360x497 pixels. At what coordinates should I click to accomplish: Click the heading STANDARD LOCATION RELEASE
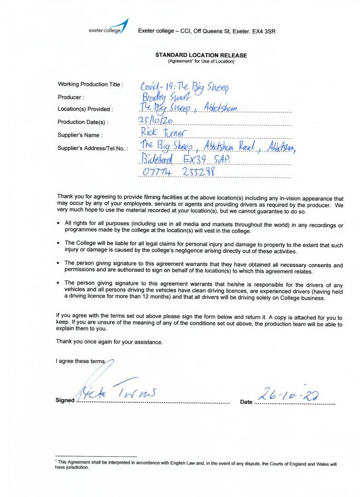(201, 55)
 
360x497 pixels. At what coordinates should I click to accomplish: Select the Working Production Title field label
(90, 84)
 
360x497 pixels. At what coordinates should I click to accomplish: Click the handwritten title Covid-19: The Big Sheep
(184, 86)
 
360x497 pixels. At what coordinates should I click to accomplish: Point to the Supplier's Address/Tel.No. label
(93, 148)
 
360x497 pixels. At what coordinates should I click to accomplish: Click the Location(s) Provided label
(85, 109)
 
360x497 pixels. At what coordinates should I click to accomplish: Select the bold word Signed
(65, 400)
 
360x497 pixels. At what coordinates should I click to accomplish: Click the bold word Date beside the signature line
(246, 402)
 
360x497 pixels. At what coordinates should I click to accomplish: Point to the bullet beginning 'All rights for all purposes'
(204, 227)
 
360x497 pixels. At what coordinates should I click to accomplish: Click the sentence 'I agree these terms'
(80, 362)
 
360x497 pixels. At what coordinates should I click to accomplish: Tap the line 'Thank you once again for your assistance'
(109, 341)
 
